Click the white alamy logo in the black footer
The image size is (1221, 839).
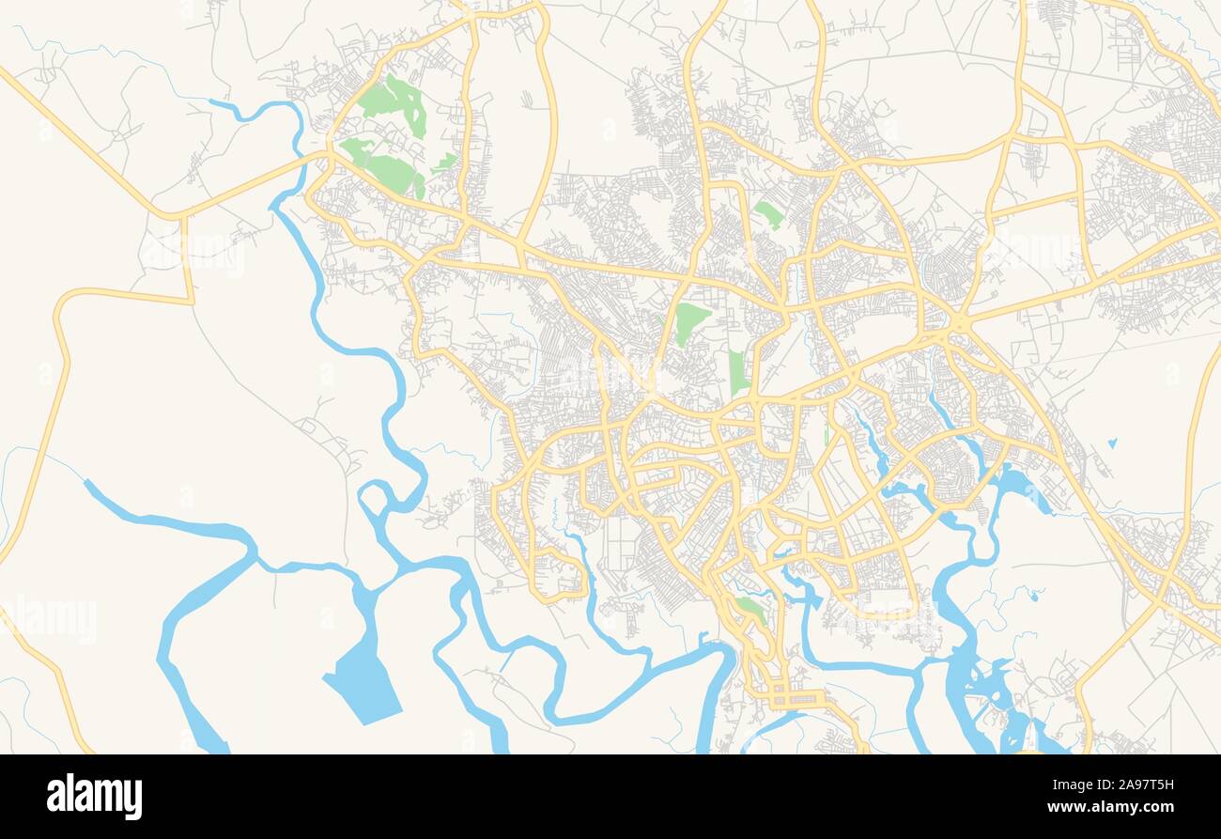pos(94,797)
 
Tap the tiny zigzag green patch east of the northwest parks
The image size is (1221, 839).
pos(445,163)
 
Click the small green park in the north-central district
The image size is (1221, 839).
pos(769,214)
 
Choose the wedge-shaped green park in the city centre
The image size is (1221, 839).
pos(690,322)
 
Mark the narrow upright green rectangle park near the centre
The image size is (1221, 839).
pos(737,372)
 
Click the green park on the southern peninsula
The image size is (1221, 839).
pos(750,610)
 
